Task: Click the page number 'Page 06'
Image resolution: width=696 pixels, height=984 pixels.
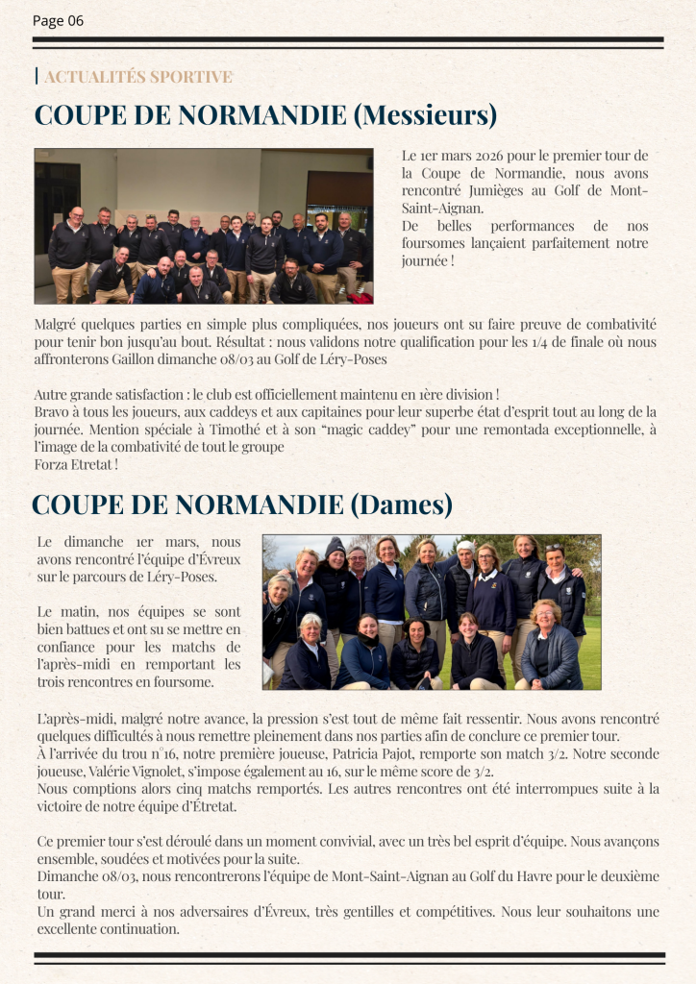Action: (x=58, y=20)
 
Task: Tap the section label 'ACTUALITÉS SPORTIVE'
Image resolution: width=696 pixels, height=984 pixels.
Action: (x=137, y=77)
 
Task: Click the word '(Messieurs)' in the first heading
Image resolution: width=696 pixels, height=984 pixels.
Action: (x=425, y=115)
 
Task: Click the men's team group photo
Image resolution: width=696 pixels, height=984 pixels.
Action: (x=204, y=226)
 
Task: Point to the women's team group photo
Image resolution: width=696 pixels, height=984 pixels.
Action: (x=432, y=612)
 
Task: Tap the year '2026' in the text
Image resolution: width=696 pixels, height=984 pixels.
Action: (x=487, y=156)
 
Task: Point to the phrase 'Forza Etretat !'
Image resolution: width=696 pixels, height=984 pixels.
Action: (x=76, y=464)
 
